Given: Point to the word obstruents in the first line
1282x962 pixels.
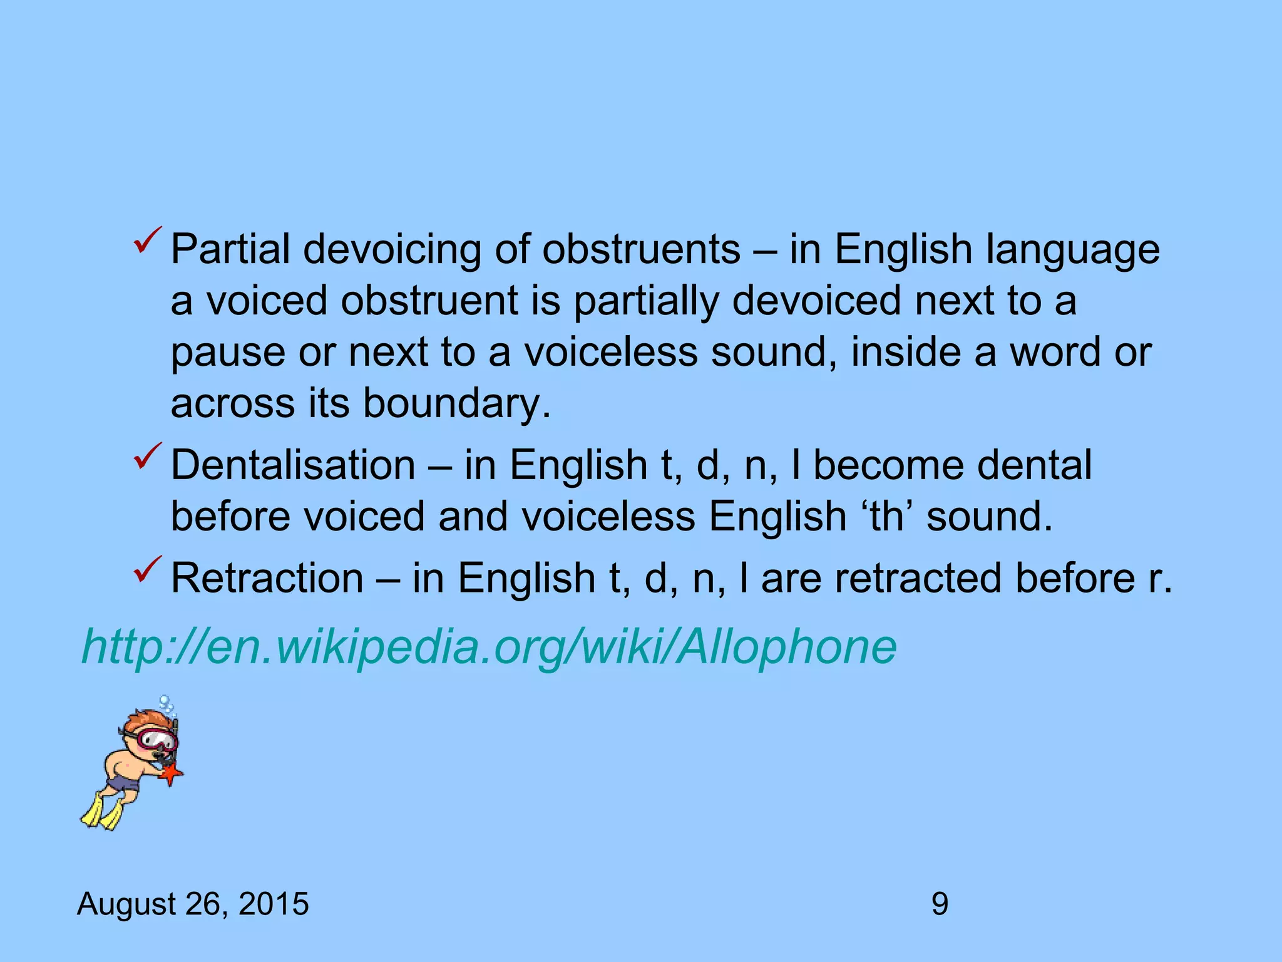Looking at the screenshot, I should (641, 249).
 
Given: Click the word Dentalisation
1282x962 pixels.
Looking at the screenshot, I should (293, 465).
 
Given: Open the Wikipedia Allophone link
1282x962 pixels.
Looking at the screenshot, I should (489, 646).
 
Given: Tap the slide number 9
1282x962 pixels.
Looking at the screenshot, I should (940, 904).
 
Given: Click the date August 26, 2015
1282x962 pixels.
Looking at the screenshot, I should (193, 904).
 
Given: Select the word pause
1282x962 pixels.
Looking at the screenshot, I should (228, 353).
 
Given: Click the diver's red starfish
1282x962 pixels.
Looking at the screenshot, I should (170, 775).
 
